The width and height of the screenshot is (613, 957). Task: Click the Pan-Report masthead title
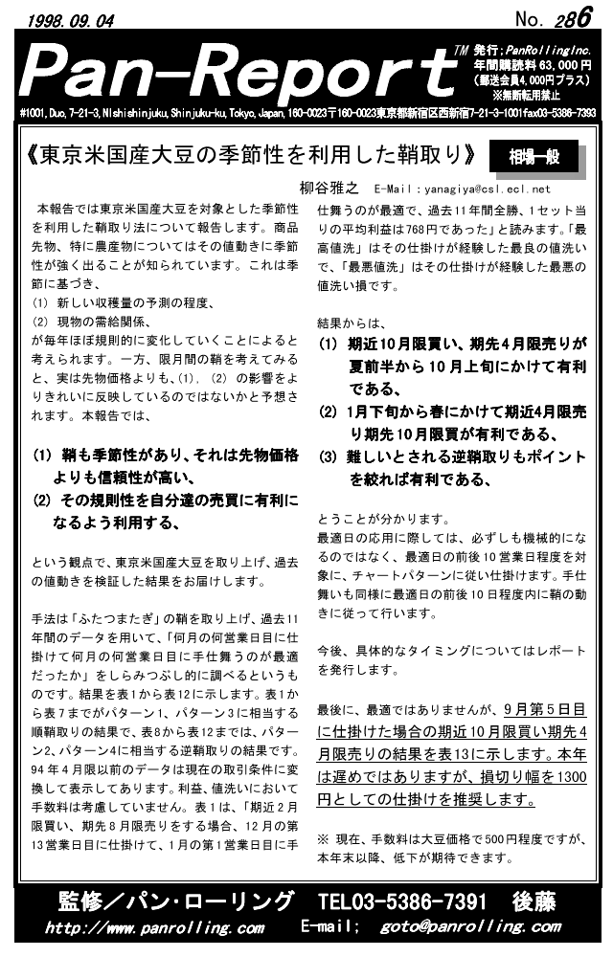pos(239,70)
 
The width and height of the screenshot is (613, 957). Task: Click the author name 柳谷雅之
pos(328,189)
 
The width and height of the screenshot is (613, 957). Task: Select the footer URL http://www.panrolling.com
pos(154,927)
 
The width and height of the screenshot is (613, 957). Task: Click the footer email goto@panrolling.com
pos(469,927)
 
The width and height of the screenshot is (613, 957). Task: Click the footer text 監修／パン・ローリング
pos(176,902)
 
